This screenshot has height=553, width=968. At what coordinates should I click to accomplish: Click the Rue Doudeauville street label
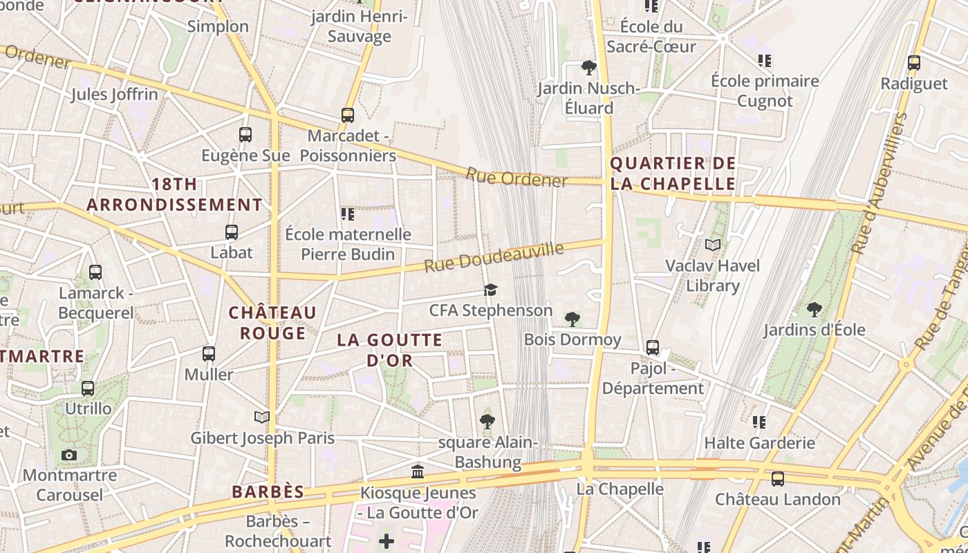(494, 256)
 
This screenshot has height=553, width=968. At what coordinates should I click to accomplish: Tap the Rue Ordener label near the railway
(516, 178)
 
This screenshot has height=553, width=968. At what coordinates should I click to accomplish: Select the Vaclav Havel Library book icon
(713, 245)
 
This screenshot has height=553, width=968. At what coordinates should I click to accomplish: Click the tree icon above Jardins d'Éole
(814, 309)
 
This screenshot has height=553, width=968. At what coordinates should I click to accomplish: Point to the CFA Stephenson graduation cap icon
(490, 290)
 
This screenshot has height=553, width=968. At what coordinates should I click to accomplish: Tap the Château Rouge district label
(272, 323)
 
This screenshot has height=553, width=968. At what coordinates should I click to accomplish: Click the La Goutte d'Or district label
(390, 350)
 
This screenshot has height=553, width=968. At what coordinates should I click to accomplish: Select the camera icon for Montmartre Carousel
(69, 455)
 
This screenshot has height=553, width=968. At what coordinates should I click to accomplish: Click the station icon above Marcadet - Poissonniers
(348, 115)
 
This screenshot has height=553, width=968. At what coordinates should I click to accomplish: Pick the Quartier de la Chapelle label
(673, 174)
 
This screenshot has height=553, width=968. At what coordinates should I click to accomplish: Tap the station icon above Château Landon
(777, 478)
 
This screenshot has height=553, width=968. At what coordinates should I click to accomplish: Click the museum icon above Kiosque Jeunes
(418, 472)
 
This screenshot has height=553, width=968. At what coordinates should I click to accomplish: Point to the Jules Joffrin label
(114, 94)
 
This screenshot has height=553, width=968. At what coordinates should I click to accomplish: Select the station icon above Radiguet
(914, 63)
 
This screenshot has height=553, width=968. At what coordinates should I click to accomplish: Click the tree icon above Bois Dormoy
(572, 319)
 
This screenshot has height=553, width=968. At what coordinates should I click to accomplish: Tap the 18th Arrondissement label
(174, 195)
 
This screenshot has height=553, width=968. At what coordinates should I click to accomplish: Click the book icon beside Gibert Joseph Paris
(261, 417)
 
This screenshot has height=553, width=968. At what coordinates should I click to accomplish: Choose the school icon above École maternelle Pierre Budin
(348, 214)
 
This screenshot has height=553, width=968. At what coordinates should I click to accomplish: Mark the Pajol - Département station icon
(652, 347)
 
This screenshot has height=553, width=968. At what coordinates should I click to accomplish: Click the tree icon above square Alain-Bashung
(487, 421)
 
